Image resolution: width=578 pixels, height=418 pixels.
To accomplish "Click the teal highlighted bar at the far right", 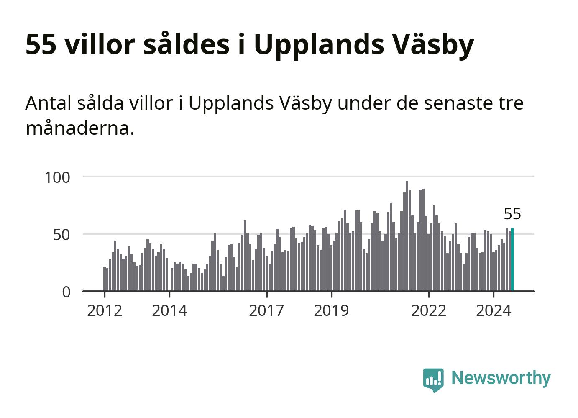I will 512,259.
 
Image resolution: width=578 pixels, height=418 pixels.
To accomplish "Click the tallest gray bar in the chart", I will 407,236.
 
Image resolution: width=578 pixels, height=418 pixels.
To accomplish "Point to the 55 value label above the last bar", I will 512,214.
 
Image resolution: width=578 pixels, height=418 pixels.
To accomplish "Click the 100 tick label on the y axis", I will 57,177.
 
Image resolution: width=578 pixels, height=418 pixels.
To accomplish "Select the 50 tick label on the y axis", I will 61,235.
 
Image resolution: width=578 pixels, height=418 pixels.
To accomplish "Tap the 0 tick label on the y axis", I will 66,292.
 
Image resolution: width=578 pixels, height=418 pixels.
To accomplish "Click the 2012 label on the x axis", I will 105,310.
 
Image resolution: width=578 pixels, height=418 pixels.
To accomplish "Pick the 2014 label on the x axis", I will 169,310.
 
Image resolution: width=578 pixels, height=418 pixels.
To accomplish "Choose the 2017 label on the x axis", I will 266,310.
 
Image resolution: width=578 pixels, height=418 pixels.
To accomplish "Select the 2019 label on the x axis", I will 331,310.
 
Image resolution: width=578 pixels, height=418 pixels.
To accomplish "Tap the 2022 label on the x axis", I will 429,310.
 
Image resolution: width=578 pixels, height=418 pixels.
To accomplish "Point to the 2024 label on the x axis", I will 494,310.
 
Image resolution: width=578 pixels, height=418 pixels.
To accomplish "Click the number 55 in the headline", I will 41,44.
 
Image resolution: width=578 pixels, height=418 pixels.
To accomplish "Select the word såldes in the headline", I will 187,44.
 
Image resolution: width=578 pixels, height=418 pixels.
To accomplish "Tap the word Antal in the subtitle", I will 49,103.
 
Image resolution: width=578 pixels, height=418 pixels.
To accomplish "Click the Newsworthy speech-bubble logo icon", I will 433,380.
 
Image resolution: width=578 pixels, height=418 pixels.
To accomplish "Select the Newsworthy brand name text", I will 501,378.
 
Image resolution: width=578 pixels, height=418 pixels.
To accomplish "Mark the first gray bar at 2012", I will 105,279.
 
